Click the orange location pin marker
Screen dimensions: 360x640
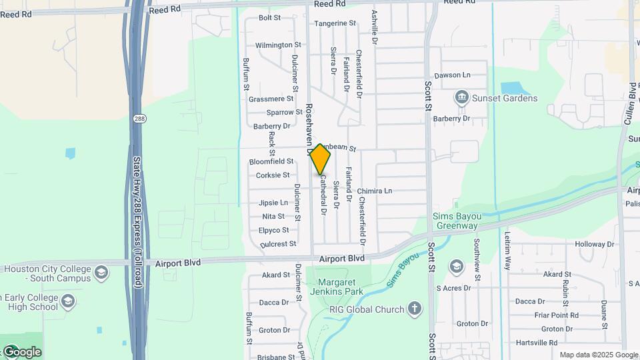point(321,159)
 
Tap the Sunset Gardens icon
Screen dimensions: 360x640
point(461,98)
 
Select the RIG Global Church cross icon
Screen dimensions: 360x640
point(415,309)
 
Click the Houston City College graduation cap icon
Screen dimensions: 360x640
point(101,272)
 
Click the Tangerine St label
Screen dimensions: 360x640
point(335,23)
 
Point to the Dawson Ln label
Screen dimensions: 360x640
point(452,75)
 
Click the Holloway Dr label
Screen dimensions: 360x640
point(589,245)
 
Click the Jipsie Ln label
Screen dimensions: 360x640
point(273,203)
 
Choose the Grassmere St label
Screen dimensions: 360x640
point(271,99)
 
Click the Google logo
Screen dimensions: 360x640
point(22,351)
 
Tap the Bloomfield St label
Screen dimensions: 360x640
point(271,161)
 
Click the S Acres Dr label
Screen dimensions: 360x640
point(453,288)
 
